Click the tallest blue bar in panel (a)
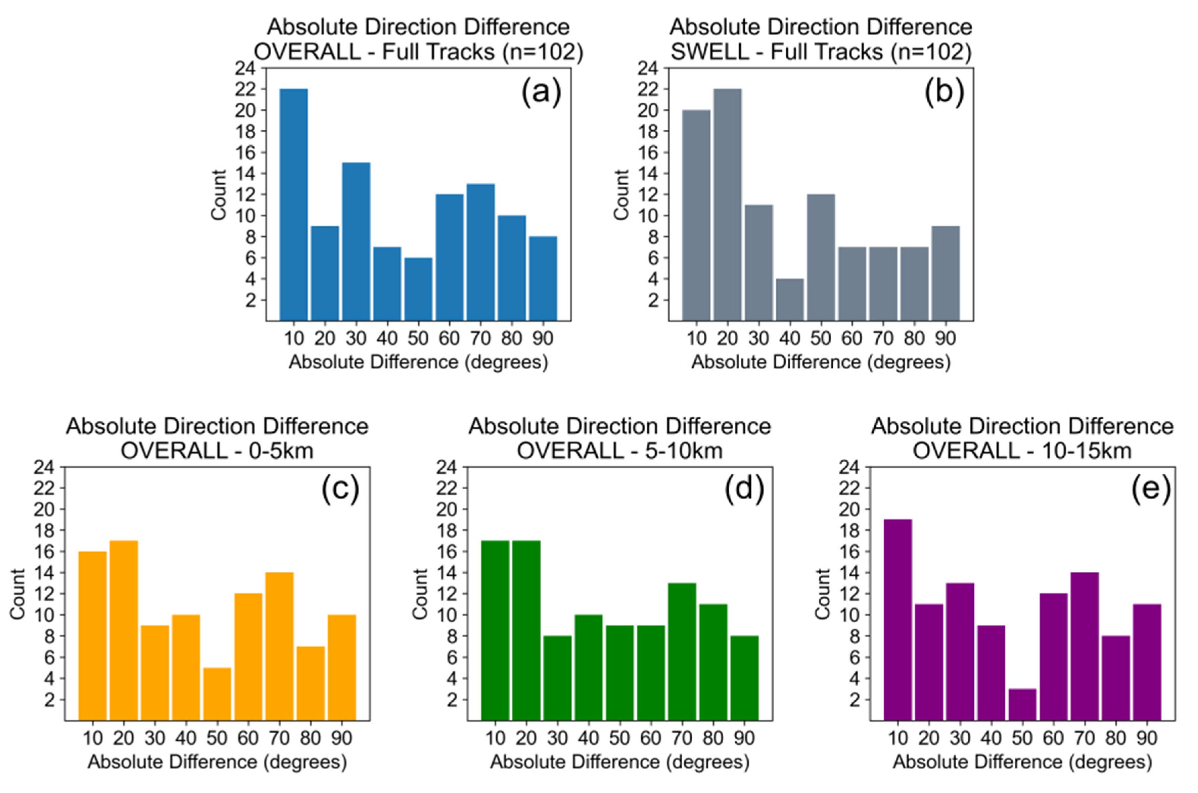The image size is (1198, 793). point(293,204)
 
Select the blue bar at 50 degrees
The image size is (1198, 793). point(418,289)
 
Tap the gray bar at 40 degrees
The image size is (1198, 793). point(789,299)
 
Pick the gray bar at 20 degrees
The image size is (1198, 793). point(727,204)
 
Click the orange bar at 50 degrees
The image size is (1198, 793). point(217,694)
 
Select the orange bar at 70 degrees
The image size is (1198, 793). point(279,646)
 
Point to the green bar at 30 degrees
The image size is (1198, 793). point(557,678)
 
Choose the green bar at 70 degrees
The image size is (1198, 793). point(682,651)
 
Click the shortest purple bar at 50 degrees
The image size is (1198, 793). point(1022,704)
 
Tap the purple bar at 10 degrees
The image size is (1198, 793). point(897,619)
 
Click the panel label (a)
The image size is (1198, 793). point(541,93)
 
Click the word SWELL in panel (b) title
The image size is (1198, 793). point(709,52)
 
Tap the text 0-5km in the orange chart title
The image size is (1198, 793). point(281,451)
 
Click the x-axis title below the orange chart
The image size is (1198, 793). point(217,762)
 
